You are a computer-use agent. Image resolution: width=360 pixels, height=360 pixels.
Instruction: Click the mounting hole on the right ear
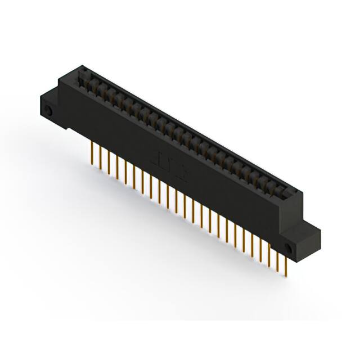coord(290,247)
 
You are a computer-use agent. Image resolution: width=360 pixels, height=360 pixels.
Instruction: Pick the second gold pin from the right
coord(278,259)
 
